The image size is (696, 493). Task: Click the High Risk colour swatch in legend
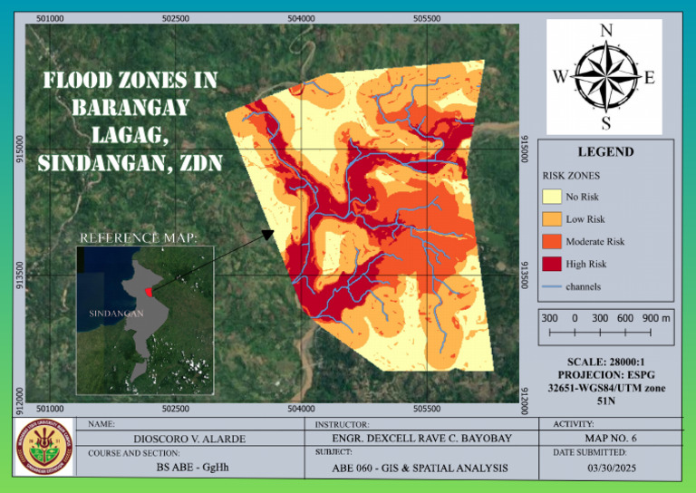(x=551, y=264)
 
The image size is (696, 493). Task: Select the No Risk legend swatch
(x=551, y=196)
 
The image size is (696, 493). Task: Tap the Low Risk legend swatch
(x=551, y=218)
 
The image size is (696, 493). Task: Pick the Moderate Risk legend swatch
(x=551, y=241)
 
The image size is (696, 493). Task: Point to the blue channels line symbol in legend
(x=551, y=286)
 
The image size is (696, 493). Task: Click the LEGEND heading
(x=605, y=152)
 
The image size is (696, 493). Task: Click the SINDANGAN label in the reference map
(x=116, y=313)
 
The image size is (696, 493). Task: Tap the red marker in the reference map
(x=148, y=290)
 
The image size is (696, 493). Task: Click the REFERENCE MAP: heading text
(x=139, y=238)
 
